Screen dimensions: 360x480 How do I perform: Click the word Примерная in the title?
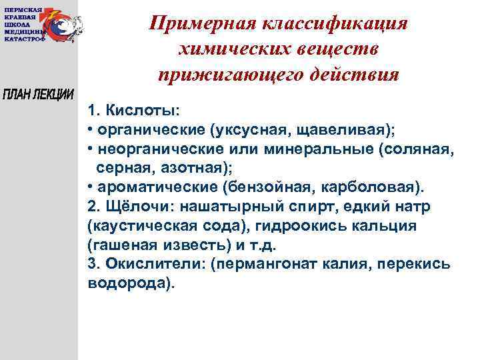tap(198, 23)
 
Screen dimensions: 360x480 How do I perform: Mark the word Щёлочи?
tap(133, 206)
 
